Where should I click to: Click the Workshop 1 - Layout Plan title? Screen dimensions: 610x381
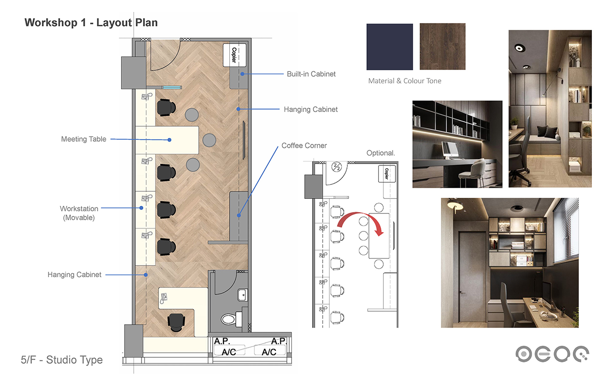[91, 22]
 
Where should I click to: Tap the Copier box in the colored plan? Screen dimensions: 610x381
[234, 55]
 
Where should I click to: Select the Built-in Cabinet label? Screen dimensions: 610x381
[311, 74]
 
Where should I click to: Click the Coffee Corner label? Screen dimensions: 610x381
[304, 145]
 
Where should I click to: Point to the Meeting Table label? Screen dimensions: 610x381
[83, 139]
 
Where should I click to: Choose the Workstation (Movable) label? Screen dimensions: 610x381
[79, 213]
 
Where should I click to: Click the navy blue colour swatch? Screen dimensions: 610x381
[389, 47]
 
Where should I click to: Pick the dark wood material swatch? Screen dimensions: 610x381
[443, 46]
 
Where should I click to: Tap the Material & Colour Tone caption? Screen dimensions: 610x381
[405, 81]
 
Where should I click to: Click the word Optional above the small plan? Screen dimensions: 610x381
[380, 153]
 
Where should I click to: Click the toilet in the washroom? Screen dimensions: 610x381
[231, 319]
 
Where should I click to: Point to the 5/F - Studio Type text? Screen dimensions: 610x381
[61, 360]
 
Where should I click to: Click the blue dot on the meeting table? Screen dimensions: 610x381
[169, 140]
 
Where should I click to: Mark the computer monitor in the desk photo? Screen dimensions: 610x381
[449, 149]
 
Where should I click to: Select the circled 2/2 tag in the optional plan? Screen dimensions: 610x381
[336, 166]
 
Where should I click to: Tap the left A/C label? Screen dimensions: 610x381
[229, 352]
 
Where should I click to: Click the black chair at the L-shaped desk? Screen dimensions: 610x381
[176, 322]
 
